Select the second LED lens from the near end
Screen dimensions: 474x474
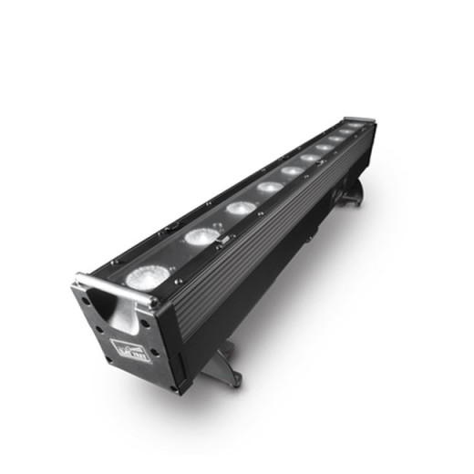click(201, 237)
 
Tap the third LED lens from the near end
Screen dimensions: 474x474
click(240, 208)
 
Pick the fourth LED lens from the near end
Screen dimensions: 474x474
click(270, 187)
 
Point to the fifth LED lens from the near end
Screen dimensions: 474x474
click(292, 170)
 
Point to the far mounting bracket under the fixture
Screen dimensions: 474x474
click(350, 195)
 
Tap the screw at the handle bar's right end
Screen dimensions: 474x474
click(154, 302)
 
